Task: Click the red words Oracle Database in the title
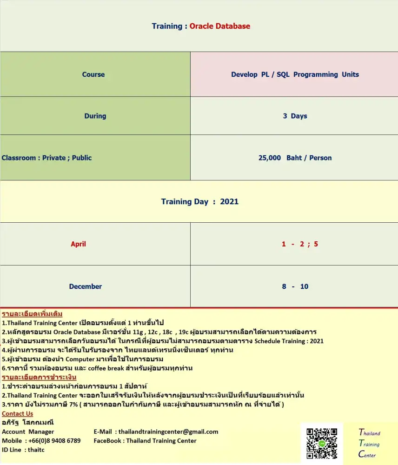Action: tap(219, 26)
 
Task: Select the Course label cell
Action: tap(93, 74)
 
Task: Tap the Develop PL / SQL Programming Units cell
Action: tap(295, 74)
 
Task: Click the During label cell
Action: tap(95, 116)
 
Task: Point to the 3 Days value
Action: tap(295, 116)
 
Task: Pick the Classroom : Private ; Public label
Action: tap(46, 158)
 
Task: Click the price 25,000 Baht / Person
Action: tap(295, 158)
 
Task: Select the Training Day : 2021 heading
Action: tap(199, 201)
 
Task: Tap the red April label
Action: tap(78, 244)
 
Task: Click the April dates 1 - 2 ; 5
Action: tap(299, 244)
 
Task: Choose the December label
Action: tap(85, 286)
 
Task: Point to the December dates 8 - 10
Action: tap(295, 286)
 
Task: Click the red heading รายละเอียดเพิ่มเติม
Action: tap(32, 313)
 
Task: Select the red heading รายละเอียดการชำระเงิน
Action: tap(39, 377)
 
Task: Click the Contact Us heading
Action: tap(17, 413)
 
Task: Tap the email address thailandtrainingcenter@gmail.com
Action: tap(168, 432)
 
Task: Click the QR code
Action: tap(322, 444)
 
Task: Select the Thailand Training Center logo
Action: tap(369, 444)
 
